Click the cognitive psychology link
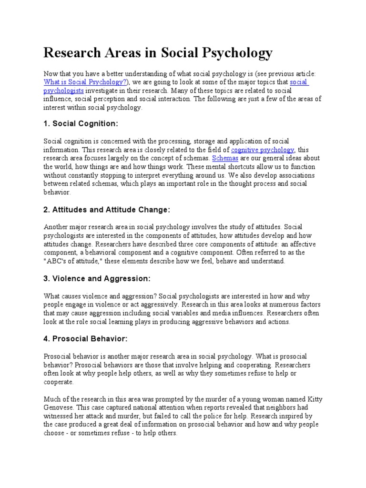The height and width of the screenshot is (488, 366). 263,150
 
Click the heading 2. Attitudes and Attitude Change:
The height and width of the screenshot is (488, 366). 106,210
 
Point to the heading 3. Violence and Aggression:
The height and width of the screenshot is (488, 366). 97,278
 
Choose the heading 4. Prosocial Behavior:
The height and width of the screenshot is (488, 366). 86,339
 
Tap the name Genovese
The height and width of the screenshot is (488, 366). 60,407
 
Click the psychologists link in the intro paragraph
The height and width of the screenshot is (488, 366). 63,91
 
